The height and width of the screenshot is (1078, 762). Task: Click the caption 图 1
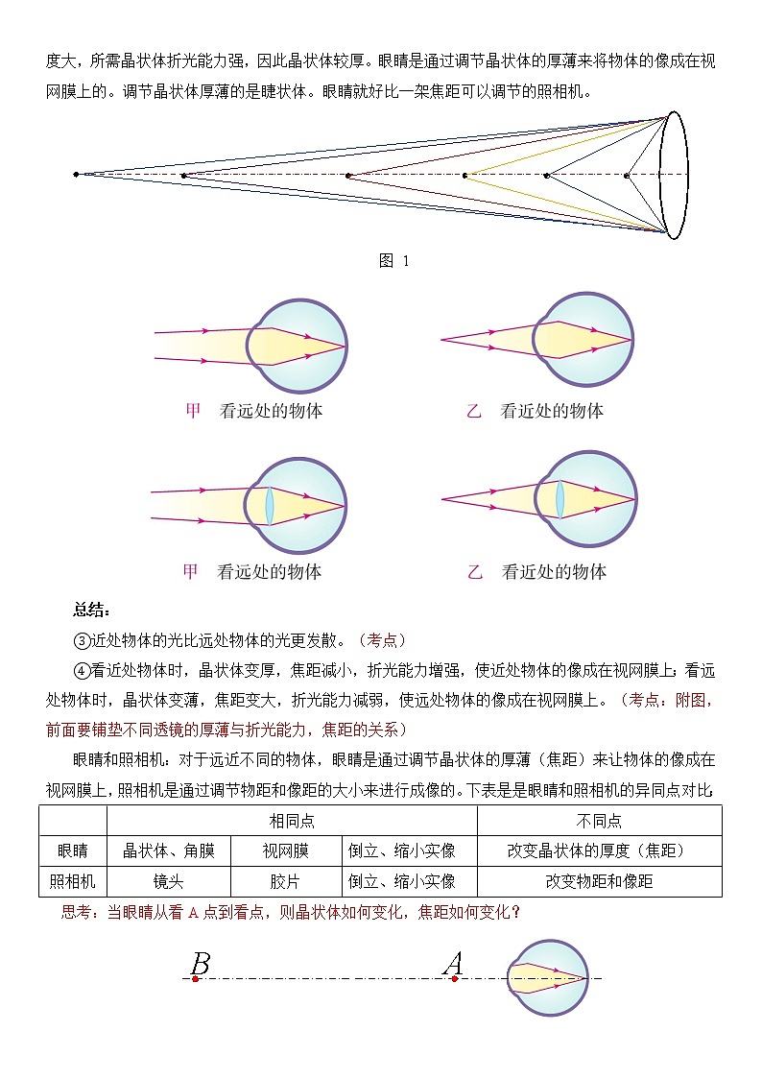pos(394,261)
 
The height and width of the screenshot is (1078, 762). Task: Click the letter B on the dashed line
pos(201,963)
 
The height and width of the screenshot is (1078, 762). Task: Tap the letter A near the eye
pos(453,963)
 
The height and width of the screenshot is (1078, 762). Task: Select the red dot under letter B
pos(195,979)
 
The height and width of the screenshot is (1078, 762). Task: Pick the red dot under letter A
pos(454,979)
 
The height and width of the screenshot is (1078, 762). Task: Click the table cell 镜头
pos(168,881)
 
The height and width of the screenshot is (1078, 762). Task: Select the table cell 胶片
pos(286,881)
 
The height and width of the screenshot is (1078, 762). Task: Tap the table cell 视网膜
pos(286,850)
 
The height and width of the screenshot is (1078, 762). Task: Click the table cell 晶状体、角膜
pos(168,850)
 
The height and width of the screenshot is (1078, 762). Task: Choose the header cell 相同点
pos(292,821)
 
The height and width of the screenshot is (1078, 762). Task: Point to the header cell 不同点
pos(599,821)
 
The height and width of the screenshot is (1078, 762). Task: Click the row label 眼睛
pos(73,850)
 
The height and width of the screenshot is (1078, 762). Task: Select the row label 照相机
pos(73,881)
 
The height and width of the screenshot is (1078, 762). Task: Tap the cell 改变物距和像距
pos(599,881)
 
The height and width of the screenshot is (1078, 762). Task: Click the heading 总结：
pos(92,610)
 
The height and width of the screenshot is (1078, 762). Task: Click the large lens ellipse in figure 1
pos(676,175)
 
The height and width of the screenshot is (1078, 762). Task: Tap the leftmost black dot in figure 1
pos(76,174)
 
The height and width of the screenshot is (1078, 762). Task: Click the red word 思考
pos(76,912)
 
